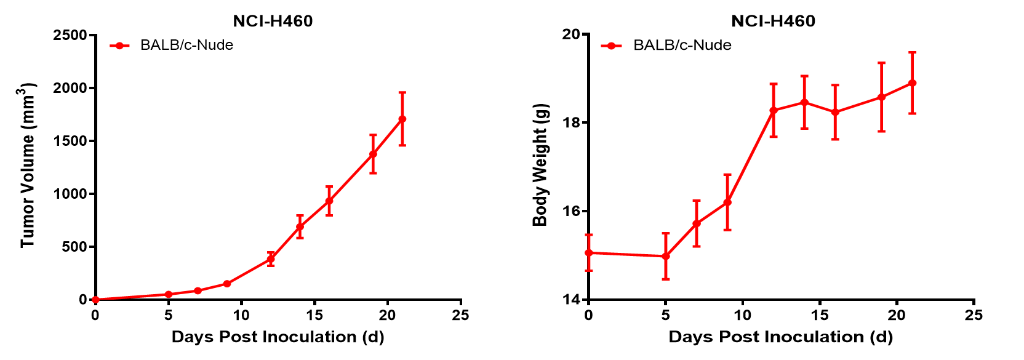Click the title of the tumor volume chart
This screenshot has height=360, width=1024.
[273, 21]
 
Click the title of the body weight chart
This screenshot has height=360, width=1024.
[773, 21]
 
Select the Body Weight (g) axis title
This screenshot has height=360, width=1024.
[540, 165]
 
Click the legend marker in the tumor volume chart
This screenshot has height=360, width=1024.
[119, 45]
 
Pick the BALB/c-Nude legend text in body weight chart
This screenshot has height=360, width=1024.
[682, 45]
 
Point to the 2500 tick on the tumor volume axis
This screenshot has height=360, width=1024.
[70, 35]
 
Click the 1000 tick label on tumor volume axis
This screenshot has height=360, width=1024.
[70, 194]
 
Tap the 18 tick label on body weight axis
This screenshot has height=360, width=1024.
[571, 122]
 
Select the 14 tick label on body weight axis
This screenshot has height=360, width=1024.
[571, 300]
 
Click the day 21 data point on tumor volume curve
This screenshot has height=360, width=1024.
[402, 119]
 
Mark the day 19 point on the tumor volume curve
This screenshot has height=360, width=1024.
[373, 154]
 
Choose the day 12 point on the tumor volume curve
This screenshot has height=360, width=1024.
[271, 259]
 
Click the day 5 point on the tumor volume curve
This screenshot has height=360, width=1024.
[169, 294]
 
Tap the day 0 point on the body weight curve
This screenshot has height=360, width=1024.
[589, 252]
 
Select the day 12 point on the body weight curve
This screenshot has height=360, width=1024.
[774, 110]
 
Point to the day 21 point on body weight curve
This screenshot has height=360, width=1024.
[912, 83]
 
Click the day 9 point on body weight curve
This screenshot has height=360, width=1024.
[727, 202]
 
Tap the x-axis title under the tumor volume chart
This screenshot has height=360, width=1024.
[278, 337]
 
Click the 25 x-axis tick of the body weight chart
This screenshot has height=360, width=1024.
[974, 315]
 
